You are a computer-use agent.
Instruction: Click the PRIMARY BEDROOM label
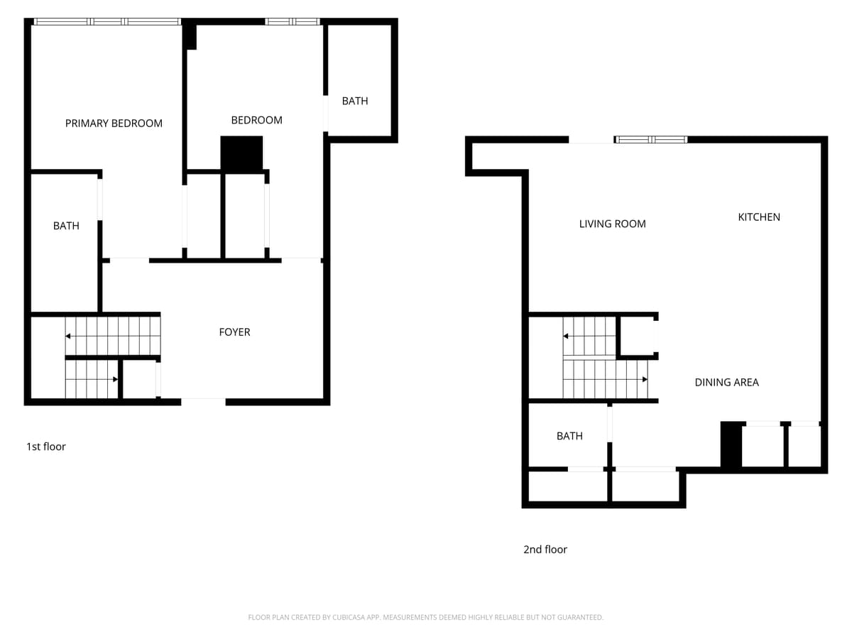click(x=114, y=123)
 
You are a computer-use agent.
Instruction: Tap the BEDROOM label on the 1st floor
click(x=256, y=120)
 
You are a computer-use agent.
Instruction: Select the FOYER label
click(x=234, y=332)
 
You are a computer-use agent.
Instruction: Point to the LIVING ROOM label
click(x=612, y=224)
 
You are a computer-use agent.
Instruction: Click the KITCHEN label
click(x=759, y=217)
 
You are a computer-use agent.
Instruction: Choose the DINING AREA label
click(x=726, y=382)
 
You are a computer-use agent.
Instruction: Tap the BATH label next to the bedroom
click(x=355, y=101)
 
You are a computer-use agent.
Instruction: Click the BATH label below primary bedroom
click(x=66, y=226)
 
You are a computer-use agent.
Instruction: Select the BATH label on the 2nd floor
click(x=569, y=436)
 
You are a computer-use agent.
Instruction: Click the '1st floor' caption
click(x=46, y=447)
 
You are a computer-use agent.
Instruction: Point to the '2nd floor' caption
click(x=545, y=549)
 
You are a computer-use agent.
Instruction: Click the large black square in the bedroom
click(x=241, y=153)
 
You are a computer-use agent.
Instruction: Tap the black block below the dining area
click(x=731, y=445)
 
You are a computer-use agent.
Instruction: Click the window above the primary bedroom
click(x=107, y=21)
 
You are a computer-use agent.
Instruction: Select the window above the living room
click(x=650, y=139)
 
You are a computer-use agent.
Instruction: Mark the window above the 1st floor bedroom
click(x=293, y=21)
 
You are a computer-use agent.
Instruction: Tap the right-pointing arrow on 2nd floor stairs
click(x=644, y=379)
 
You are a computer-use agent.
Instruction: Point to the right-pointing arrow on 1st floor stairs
click(x=114, y=379)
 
